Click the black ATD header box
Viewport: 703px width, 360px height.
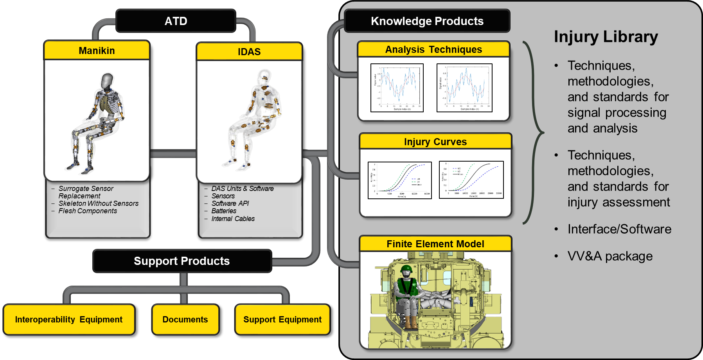coord(176,21)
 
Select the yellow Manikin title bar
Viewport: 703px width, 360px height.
coord(97,51)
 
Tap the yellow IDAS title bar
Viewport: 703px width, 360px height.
coord(249,52)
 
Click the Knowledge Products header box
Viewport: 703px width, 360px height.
coord(427,21)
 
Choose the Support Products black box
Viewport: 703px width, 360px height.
coord(182,261)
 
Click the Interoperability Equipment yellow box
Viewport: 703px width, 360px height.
coord(69,320)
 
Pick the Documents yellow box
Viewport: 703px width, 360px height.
coord(185,320)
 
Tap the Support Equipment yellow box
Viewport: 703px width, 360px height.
coord(282,320)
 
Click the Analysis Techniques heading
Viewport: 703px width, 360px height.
coord(433,50)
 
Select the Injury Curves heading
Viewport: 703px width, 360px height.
coord(435,142)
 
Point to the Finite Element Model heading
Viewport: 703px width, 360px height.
coord(435,244)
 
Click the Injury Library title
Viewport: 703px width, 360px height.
coord(606,37)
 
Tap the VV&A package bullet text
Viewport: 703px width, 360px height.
coord(610,256)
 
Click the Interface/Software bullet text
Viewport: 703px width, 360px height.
coord(619,229)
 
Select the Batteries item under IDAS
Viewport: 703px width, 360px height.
coord(224,211)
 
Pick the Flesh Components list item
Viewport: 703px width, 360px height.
coord(88,211)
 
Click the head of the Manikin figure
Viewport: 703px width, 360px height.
coord(107,81)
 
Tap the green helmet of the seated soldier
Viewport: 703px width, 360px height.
coord(406,269)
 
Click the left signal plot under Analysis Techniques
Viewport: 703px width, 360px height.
coord(397,88)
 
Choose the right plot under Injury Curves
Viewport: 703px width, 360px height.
coord(471,180)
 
